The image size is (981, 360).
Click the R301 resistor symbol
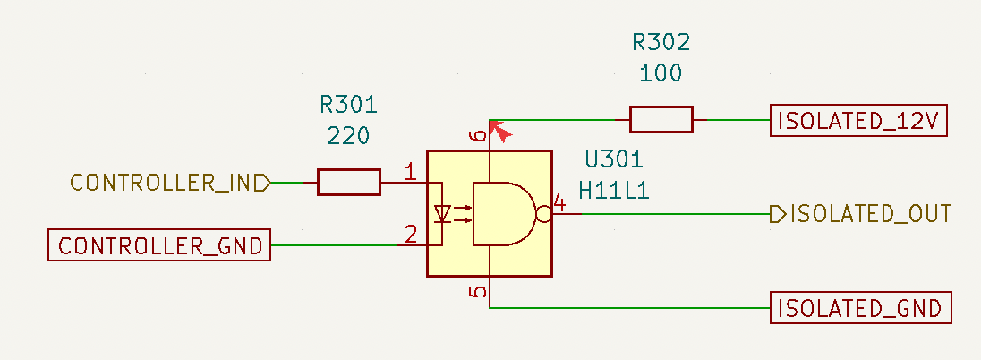pos(348,182)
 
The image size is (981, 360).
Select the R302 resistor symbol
pos(661,120)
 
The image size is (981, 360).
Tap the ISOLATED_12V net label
pos(858,120)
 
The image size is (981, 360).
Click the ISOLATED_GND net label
pos(860,308)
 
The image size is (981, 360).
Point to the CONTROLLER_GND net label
pos(159,244)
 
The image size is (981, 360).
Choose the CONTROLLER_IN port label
pos(170,183)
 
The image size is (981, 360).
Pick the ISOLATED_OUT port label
pos(861,214)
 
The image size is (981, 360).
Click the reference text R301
pos(348,105)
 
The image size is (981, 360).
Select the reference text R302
pos(661,42)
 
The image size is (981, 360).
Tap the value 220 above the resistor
pos(348,135)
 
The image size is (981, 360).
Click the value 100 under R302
pos(661,73)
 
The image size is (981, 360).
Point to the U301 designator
pos(614,159)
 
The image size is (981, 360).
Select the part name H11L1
pos(614,191)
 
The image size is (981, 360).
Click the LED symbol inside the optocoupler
pos(443,213)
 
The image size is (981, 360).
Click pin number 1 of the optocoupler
pos(411,171)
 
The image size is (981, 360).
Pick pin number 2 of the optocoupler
pos(411,234)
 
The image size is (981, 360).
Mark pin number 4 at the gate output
pos(559,204)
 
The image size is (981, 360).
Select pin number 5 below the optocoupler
pos(478,292)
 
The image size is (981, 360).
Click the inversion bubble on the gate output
pos(543,214)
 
